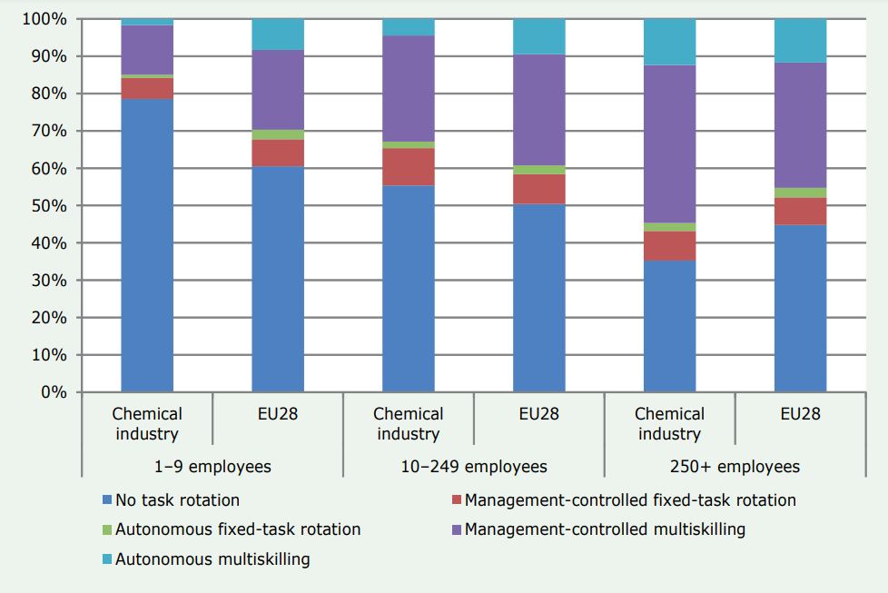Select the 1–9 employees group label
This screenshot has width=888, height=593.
(212, 467)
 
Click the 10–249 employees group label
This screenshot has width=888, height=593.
(474, 467)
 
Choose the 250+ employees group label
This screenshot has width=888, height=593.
(735, 467)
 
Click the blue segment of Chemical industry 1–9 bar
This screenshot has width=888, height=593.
(147, 245)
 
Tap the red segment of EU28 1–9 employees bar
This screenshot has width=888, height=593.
(278, 153)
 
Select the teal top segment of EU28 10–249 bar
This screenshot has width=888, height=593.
(539, 36)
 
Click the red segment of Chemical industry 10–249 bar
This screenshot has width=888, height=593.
(409, 167)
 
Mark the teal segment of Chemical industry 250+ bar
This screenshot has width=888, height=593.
(670, 42)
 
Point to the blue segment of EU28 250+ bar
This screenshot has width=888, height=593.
(801, 308)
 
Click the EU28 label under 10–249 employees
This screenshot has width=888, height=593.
(539, 414)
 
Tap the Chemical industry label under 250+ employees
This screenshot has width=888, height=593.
(670, 423)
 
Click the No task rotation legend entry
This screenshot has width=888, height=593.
(177, 499)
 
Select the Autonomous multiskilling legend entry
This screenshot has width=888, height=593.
(212, 558)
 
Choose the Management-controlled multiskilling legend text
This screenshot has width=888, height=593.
(605, 529)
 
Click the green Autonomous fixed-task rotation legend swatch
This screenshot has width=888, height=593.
(107, 529)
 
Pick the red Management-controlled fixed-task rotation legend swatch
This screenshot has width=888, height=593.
(457, 500)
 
